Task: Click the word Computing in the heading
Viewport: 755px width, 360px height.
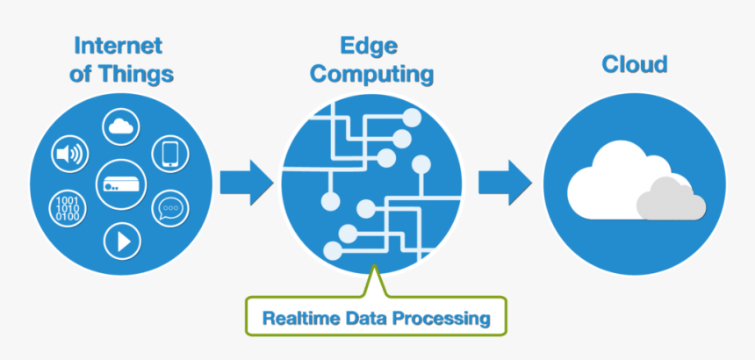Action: pyautogui.click(x=372, y=75)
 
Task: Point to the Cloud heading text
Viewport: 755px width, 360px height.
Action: pyautogui.click(x=635, y=64)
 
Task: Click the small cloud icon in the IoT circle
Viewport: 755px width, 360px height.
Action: pyautogui.click(x=121, y=127)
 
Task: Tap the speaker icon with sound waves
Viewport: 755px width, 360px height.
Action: pyautogui.click(x=68, y=155)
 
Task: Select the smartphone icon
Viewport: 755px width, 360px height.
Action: pyautogui.click(x=170, y=154)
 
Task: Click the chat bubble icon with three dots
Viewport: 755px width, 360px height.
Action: pyautogui.click(x=169, y=209)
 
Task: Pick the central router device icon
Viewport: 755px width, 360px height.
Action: pyautogui.click(x=119, y=183)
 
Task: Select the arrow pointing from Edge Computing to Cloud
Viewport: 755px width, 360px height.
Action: pyautogui.click(x=504, y=181)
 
